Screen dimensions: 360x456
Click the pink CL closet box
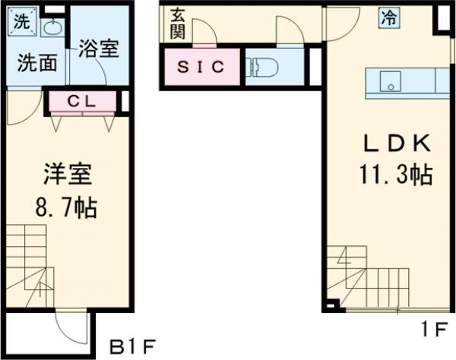(84, 100)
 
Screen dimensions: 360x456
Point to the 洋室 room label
(66, 175)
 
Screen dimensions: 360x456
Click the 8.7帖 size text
(66, 207)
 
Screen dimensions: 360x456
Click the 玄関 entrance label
(178, 23)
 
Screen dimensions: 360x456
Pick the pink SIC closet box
(201, 67)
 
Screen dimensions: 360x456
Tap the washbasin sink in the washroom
(51, 28)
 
